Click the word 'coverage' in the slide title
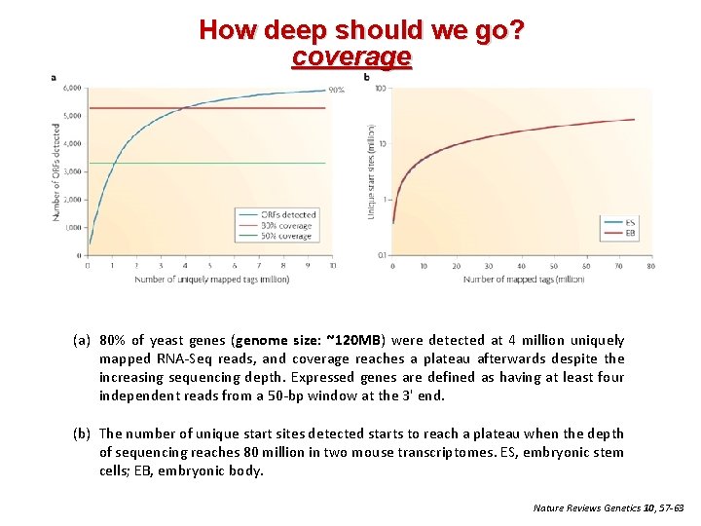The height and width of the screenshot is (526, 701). point(351,57)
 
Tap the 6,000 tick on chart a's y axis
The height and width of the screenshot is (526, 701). point(72,89)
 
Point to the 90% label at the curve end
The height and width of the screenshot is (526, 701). point(336,90)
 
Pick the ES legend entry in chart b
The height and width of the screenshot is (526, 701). point(631,223)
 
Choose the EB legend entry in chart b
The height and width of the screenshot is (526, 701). point(631,234)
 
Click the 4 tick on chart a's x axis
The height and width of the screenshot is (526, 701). point(186,265)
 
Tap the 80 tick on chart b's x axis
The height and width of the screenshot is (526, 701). point(650,265)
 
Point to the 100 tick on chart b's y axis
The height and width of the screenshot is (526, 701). point(382,89)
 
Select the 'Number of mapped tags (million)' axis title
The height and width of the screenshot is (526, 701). point(524,280)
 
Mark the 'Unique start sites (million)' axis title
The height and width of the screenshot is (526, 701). point(370,170)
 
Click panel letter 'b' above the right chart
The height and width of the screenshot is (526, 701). point(367,77)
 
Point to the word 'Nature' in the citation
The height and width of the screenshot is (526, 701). point(550,507)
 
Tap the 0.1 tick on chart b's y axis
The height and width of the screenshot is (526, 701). point(383,255)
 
